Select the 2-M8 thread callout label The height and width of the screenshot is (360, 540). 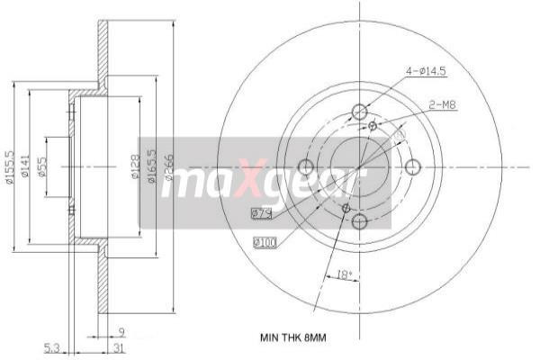(x=443, y=105)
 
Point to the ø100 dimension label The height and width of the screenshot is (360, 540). (x=265, y=242)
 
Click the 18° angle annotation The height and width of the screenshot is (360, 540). (x=343, y=273)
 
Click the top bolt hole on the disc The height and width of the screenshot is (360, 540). (x=360, y=112)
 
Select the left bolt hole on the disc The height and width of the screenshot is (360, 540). (x=305, y=166)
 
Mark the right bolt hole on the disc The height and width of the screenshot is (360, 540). (x=414, y=166)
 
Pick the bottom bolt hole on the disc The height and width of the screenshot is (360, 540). (x=360, y=221)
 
